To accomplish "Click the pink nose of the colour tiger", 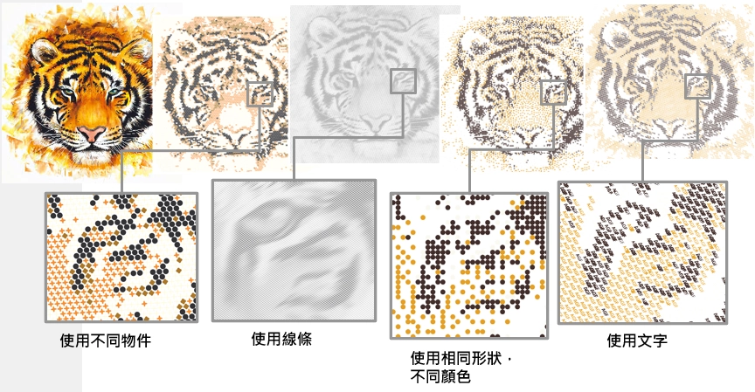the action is click(x=92, y=133).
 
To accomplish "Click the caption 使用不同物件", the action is click(x=106, y=340).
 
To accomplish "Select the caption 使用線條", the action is click(x=281, y=339).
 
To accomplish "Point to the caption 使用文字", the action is click(x=636, y=340).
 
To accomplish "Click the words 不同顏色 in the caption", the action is click(x=440, y=376).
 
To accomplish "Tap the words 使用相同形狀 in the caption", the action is click(x=456, y=358).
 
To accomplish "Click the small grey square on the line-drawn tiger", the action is click(x=403, y=80).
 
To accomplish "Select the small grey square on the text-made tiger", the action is click(x=697, y=86).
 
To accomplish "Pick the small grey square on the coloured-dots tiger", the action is click(x=554, y=93).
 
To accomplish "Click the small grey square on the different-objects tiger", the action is click(x=260, y=93).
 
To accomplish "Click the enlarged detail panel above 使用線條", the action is click(x=294, y=250).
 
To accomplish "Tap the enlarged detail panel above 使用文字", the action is click(x=642, y=253).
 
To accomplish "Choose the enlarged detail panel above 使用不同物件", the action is click(x=121, y=258).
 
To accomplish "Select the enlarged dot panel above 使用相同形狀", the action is click(x=469, y=266).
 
